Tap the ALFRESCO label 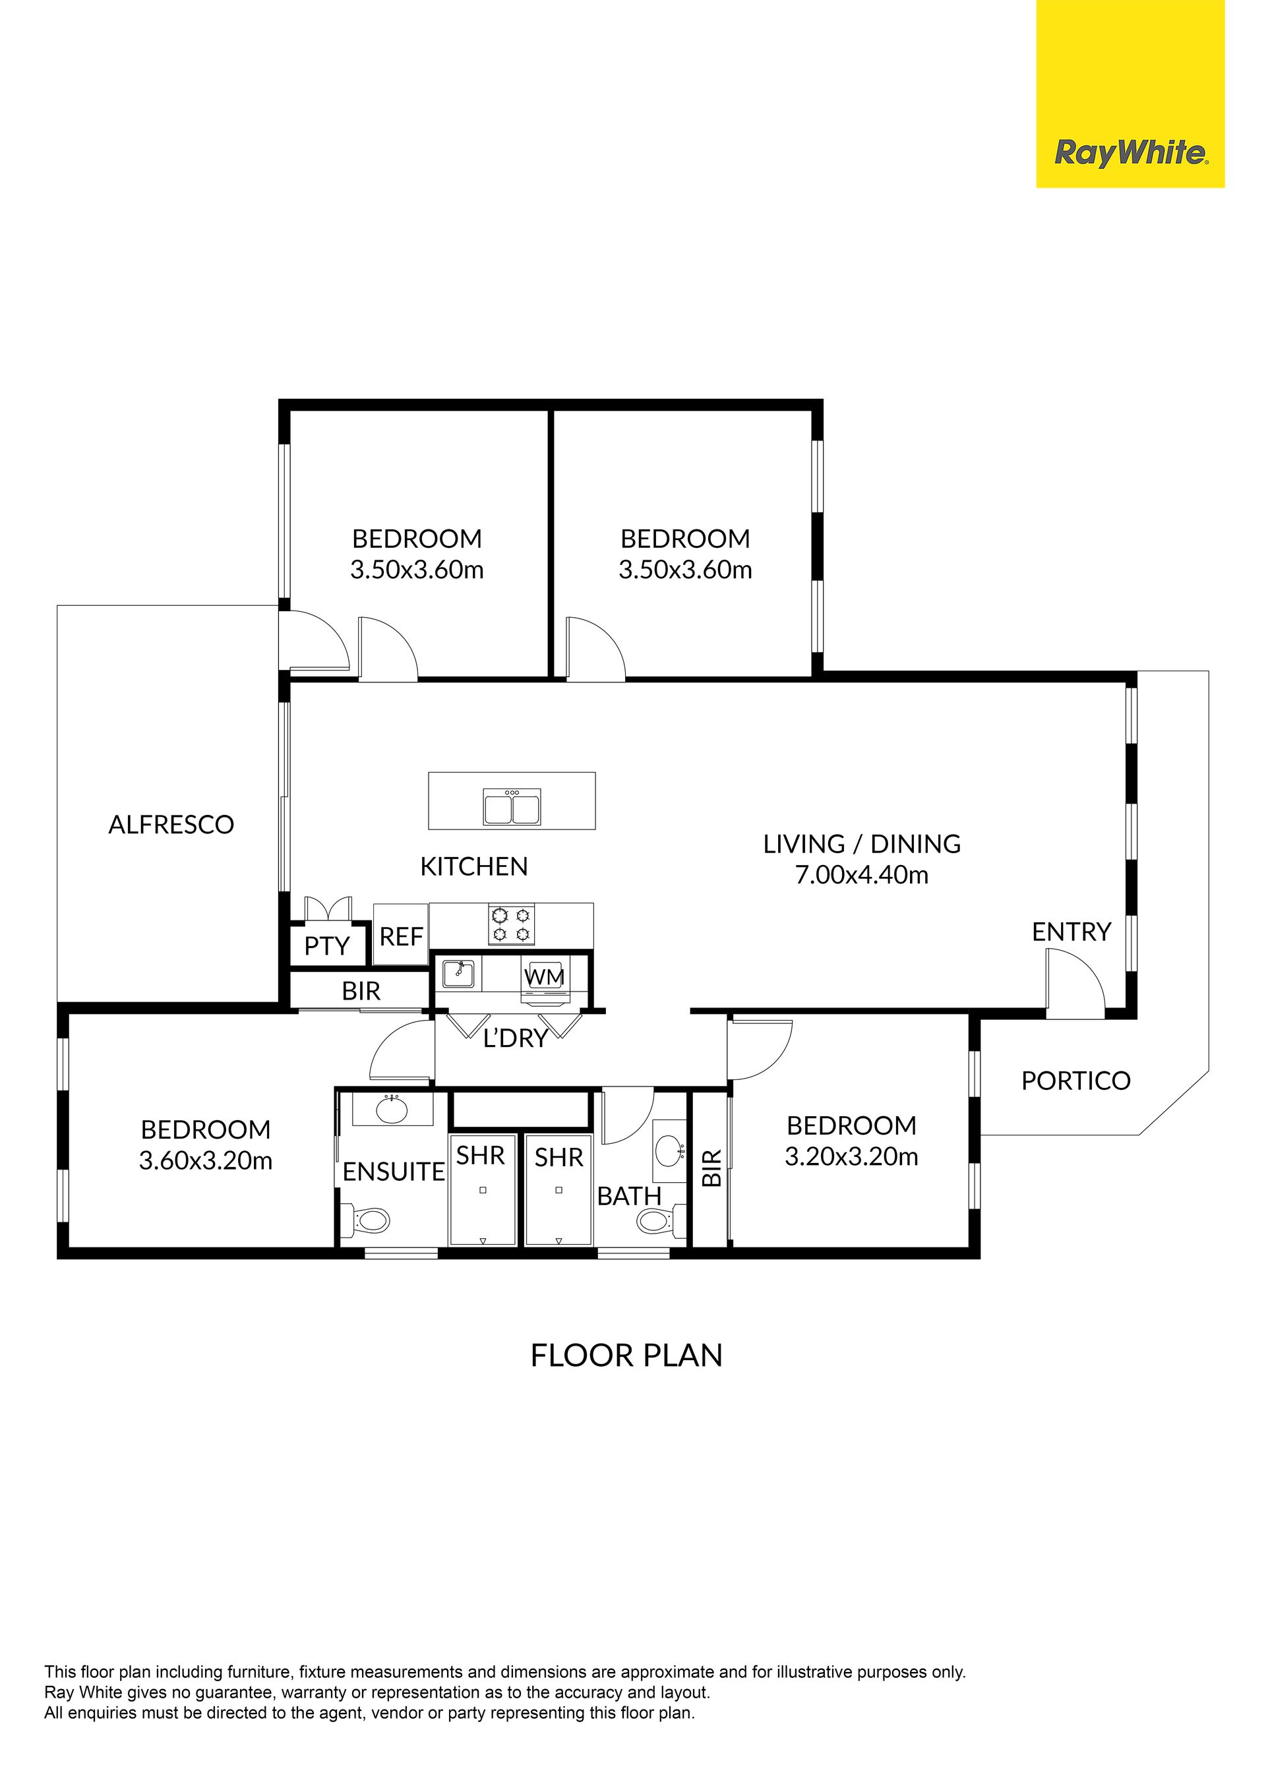(x=171, y=825)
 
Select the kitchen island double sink (x=512, y=807)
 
